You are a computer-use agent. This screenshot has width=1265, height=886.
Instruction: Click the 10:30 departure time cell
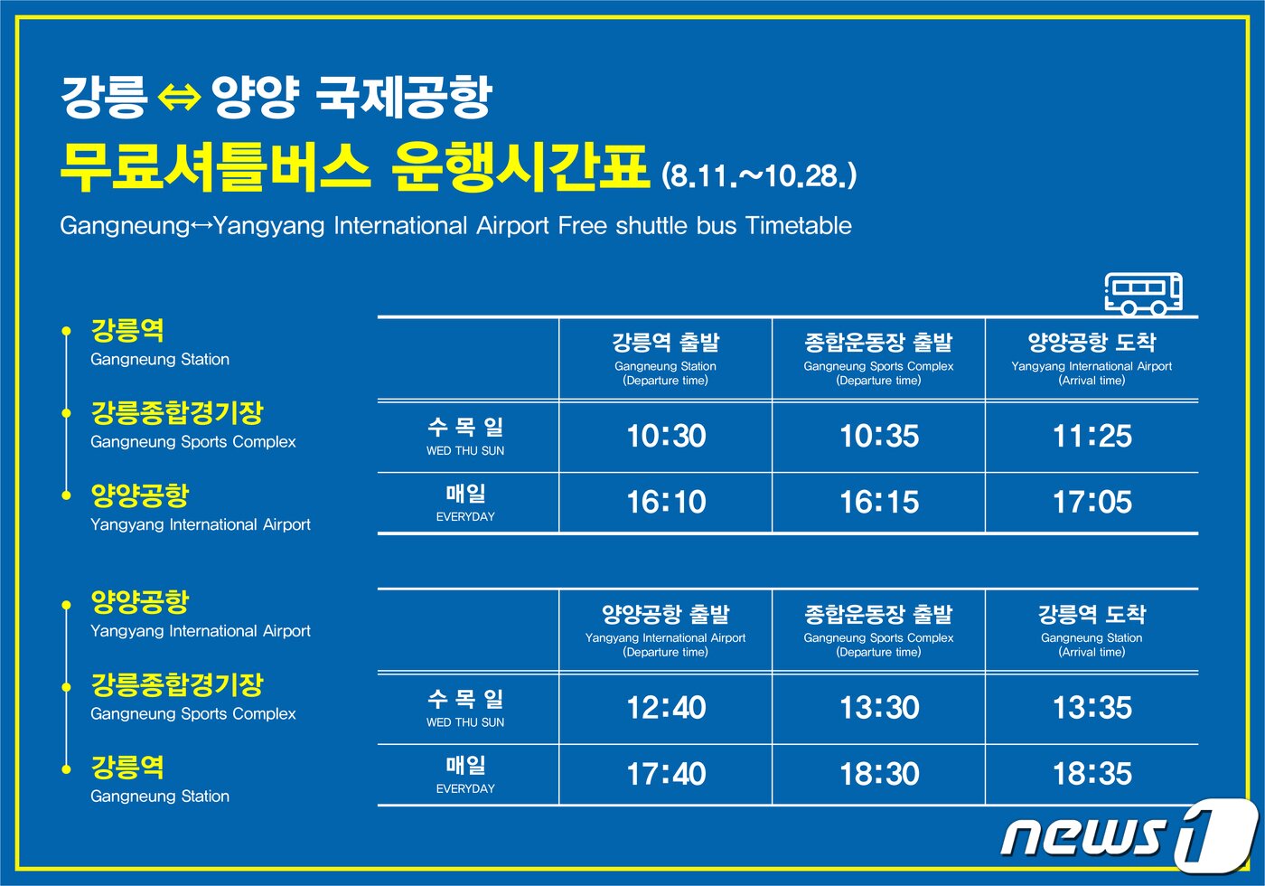tap(666, 437)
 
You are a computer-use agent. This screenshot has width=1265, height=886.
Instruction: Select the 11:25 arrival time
tap(1092, 437)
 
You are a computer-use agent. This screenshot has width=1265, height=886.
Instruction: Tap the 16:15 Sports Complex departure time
tap(879, 503)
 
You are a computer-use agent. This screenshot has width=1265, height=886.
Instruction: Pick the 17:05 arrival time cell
tap(1092, 503)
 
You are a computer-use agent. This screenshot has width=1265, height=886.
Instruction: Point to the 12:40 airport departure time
tap(666, 708)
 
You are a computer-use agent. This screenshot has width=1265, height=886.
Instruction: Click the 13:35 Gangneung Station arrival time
tap(1092, 708)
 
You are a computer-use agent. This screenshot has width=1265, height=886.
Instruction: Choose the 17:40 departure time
tap(666, 774)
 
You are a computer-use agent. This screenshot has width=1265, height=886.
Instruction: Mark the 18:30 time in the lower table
tap(879, 774)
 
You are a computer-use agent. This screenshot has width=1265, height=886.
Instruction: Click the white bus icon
tap(1144, 293)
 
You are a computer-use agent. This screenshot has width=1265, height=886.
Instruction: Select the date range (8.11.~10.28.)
tap(759, 175)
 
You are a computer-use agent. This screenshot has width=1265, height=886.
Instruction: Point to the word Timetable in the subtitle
tap(799, 225)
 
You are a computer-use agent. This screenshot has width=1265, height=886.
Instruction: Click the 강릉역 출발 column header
tap(666, 343)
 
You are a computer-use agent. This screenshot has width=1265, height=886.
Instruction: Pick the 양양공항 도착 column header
tap(1092, 343)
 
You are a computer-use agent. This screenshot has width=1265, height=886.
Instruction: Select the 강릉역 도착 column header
tap(1092, 615)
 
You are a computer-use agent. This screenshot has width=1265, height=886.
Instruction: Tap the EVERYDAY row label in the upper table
tap(465, 517)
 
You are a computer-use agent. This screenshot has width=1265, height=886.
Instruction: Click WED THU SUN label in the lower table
tap(465, 722)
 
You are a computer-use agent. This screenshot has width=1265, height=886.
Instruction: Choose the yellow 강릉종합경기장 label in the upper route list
tap(177, 413)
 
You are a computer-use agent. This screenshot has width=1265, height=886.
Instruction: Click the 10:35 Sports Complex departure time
tap(879, 437)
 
